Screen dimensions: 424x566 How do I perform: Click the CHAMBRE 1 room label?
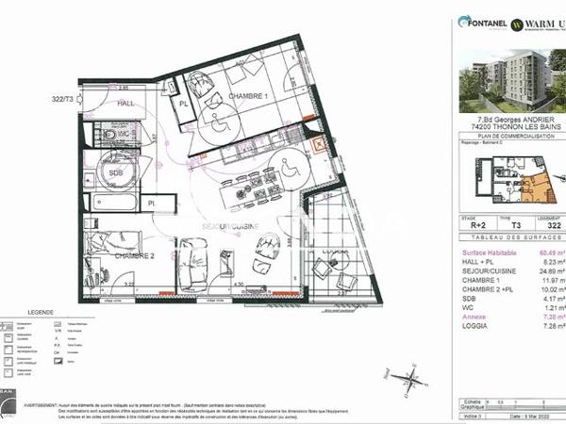coord(247,96)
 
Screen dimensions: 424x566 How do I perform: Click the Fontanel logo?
coord(483,21)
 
